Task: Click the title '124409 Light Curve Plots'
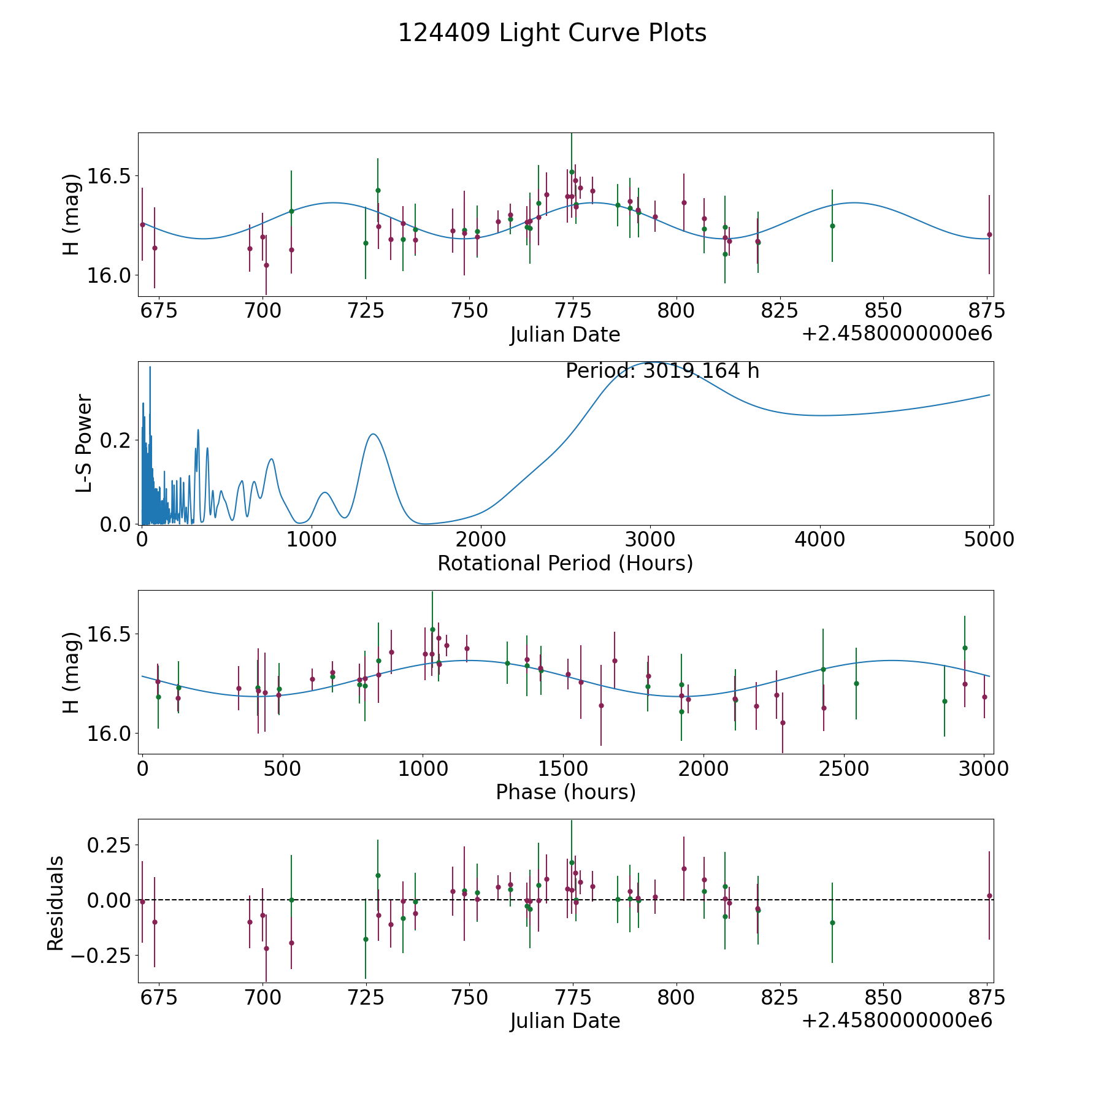click(552, 33)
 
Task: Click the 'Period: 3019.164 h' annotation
click(662, 371)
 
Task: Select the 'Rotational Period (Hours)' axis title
click(565, 563)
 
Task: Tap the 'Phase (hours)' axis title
click(565, 792)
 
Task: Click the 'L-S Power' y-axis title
click(84, 443)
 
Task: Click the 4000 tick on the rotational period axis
click(820, 540)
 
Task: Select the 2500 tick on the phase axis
click(844, 769)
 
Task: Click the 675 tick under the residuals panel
click(159, 998)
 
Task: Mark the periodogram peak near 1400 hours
click(373, 434)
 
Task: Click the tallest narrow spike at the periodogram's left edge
click(150, 367)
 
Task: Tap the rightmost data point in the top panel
click(989, 234)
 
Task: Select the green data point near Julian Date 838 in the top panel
click(832, 226)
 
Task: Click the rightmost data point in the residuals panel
click(989, 895)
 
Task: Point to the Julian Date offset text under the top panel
click(897, 334)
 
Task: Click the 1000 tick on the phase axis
click(423, 769)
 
